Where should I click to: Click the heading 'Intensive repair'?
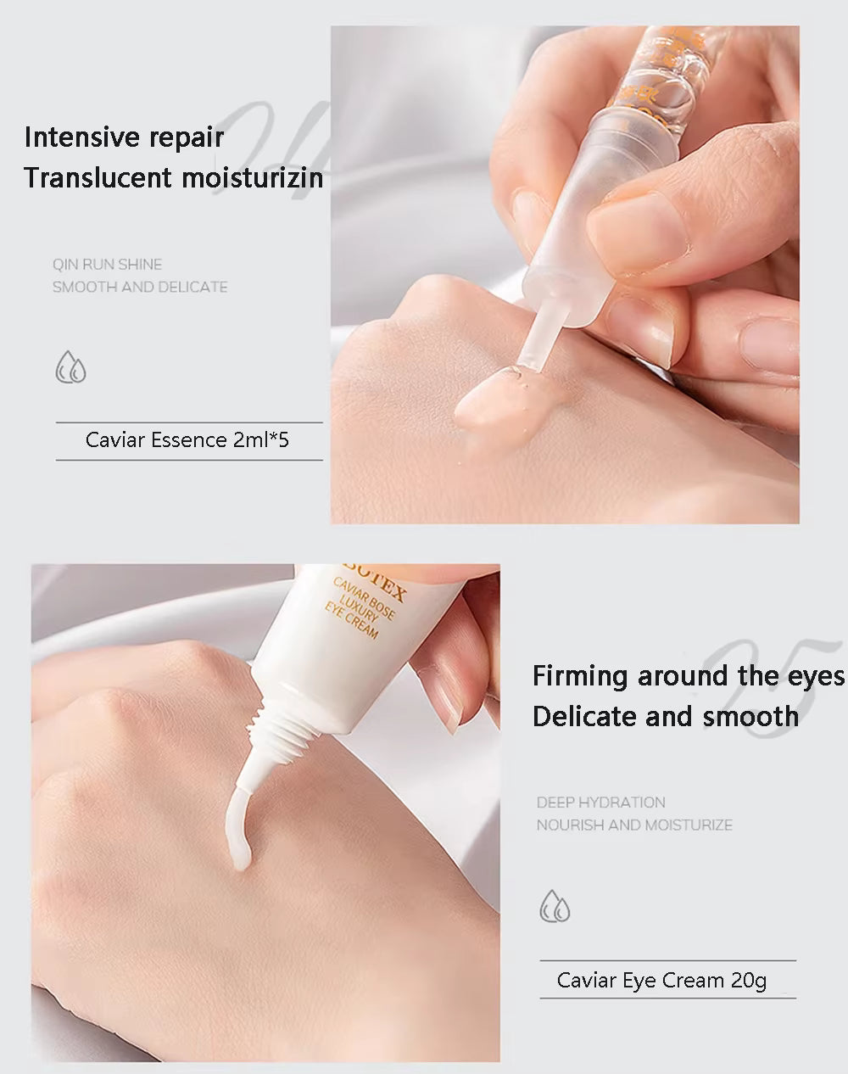pyautogui.click(x=124, y=137)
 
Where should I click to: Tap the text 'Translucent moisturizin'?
pyautogui.click(x=174, y=178)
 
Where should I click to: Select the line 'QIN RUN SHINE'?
pyautogui.click(x=107, y=265)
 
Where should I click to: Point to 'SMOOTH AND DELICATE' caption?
pyautogui.click(x=140, y=288)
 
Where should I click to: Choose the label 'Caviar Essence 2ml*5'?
pyautogui.click(x=187, y=440)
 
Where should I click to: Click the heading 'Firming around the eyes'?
pyautogui.click(x=688, y=676)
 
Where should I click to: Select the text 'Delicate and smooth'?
pyautogui.click(x=665, y=717)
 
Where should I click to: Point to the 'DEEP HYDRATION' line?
pyautogui.click(x=600, y=803)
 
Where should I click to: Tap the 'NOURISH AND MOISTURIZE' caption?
pyautogui.click(x=633, y=825)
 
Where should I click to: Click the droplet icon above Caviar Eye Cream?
pyautogui.click(x=555, y=906)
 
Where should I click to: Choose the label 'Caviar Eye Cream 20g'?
pyautogui.click(x=661, y=981)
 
